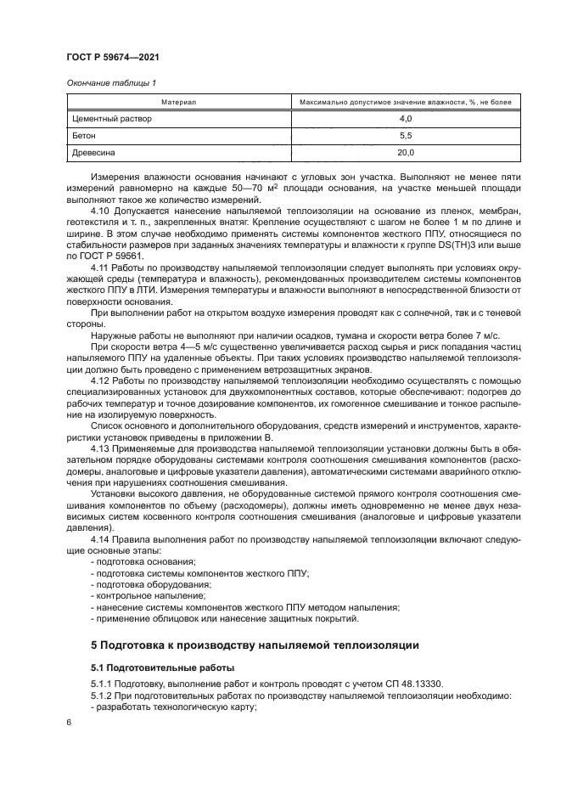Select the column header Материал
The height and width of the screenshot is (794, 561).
click(177, 102)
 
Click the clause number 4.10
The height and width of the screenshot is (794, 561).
click(101, 209)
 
